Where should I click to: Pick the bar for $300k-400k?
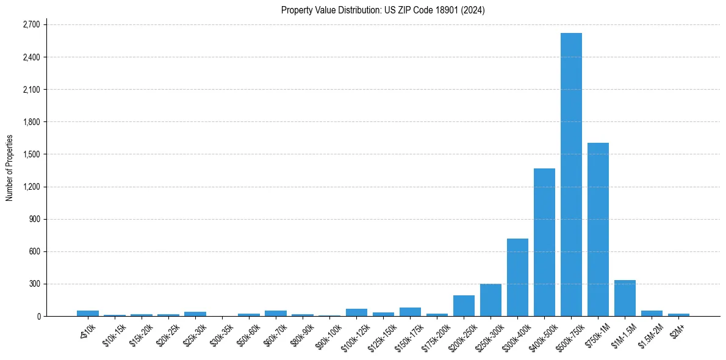pos(517,278)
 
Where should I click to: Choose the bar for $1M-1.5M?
pos(625,298)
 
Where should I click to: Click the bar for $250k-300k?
pos(491,300)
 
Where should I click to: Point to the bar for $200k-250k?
pos(464,306)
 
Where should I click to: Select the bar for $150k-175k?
pos(410,312)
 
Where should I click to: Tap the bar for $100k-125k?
pos(356,312)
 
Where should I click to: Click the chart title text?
pos(383,10)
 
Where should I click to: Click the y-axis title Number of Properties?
pos(10,168)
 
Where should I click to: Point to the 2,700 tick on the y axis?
pos(31,25)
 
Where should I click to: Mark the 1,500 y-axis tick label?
pos(31,154)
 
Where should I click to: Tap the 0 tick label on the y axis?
pos(38,316)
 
